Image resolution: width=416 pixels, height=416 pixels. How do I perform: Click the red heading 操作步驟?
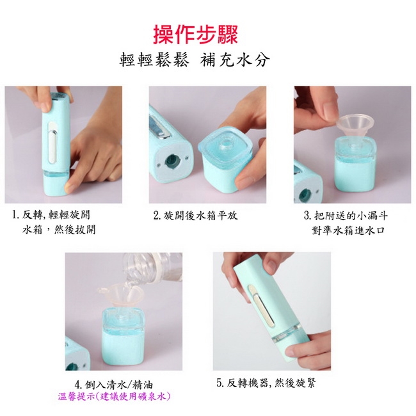[196, 35]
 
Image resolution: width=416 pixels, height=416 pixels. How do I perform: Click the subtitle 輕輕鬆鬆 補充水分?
[195, 60]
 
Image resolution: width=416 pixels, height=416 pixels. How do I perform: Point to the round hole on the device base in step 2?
[172, 161]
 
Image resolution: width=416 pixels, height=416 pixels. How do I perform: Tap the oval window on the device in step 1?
[52, 143]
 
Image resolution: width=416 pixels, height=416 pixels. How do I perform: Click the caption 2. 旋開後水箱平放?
[196, 216]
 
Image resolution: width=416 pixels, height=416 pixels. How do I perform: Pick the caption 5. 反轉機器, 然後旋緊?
[266, 383]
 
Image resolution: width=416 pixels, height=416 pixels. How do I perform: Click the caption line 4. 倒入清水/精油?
[114, 385]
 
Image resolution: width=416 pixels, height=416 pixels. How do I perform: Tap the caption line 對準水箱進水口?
[348, 230]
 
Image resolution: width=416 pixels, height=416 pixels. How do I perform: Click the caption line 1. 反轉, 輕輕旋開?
[51, 215]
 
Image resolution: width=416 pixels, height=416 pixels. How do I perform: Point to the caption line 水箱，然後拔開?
[59, 230]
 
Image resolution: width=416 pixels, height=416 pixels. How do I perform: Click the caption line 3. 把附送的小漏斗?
[346, 216]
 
